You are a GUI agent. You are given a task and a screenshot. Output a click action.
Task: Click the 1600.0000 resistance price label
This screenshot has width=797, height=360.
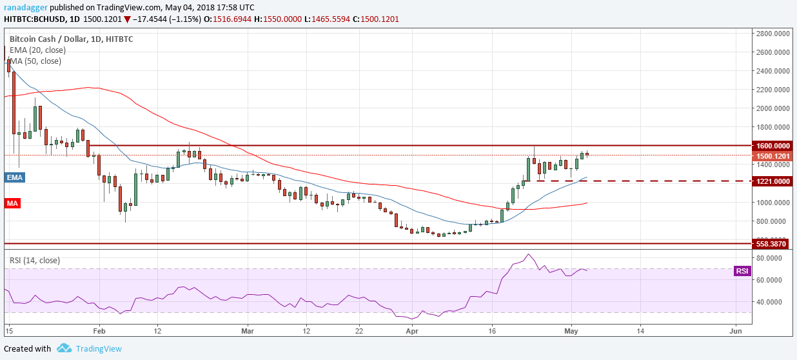(772, 146)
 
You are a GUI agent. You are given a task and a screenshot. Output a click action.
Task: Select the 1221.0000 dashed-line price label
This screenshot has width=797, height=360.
(772, 181)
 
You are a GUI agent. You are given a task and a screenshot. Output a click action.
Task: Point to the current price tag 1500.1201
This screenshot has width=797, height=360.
(772, 155)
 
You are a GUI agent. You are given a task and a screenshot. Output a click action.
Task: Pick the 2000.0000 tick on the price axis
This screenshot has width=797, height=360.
(772, 108)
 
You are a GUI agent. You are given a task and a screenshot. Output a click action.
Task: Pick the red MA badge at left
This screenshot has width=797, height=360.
(12, 203)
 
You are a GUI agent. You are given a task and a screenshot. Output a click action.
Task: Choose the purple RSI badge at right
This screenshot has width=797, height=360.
(742, 271)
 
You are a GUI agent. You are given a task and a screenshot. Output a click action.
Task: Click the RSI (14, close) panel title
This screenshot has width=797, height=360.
(34, 261)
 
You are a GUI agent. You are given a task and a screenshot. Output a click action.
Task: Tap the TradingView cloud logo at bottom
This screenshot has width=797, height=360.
(64, 348)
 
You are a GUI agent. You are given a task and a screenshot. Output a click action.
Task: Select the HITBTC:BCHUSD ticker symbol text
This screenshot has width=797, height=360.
(37, 19)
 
